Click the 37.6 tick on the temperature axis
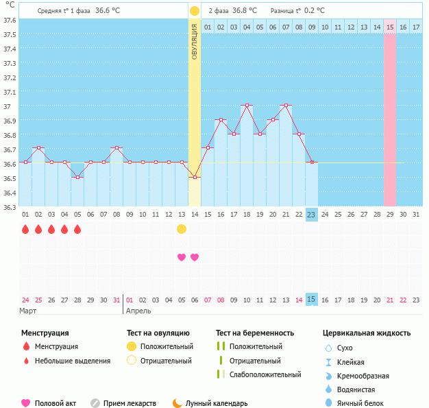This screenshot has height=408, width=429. point(10,19)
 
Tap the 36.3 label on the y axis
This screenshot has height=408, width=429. point(10,206)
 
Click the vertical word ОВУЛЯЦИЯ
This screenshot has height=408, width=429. point(195,41)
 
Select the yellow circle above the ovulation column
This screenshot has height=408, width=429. point(195,11)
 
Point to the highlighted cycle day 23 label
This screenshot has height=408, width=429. point(311,215)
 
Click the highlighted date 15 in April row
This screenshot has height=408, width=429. point(311,299)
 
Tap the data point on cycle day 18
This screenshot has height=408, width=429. point(247,106)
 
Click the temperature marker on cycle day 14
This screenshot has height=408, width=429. point(195,177)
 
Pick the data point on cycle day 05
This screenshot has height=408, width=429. point(77,177)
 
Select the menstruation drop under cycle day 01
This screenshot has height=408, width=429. point(25,229)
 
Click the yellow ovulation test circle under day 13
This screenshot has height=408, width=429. point(182,229)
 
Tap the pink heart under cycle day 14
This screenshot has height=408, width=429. point(195,257)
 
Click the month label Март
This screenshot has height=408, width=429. point(29,311)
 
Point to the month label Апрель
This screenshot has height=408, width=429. point(138,311)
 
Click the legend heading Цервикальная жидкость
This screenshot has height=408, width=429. point(367,333)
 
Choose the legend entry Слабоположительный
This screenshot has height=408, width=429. point(265,374)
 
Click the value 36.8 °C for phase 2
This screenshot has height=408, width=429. point(245,11)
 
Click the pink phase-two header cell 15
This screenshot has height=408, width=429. point(389,27)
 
